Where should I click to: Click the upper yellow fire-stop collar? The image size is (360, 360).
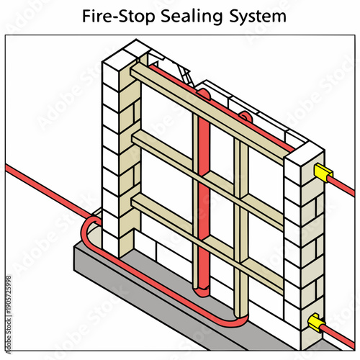[322, 171]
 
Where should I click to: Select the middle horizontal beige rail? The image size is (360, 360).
[209, 173]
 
